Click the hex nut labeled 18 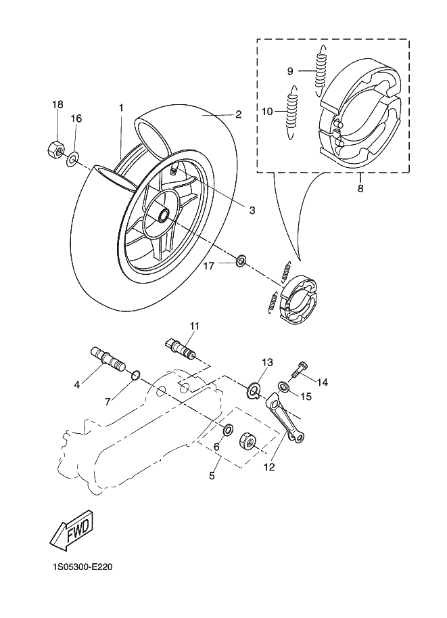tap(55, 148)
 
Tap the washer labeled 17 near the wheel tap(241, 261)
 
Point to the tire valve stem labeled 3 tap(174, 171)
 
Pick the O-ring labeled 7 tap(135, 375)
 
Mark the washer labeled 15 tap(283, 387)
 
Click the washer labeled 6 tap(228, 430)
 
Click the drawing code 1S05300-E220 tap(83, 567)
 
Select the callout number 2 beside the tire tap(238, 114)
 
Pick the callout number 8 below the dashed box tap(360, 188)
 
